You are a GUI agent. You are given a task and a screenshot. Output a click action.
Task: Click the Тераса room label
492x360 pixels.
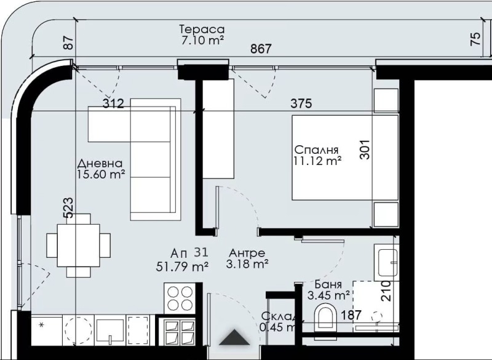201,30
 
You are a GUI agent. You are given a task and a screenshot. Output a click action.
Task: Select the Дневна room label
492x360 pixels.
100,164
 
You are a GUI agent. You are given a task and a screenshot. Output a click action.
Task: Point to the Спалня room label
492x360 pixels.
317,150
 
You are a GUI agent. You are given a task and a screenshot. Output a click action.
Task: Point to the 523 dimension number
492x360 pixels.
69,207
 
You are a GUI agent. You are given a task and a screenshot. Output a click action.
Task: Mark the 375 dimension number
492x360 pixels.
301,104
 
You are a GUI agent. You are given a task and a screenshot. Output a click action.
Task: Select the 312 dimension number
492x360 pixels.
113,104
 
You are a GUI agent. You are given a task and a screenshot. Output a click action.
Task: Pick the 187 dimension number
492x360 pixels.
351,315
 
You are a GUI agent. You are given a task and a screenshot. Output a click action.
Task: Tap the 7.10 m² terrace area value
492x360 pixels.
199,40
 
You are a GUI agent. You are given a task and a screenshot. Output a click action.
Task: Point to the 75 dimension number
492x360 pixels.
474,39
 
